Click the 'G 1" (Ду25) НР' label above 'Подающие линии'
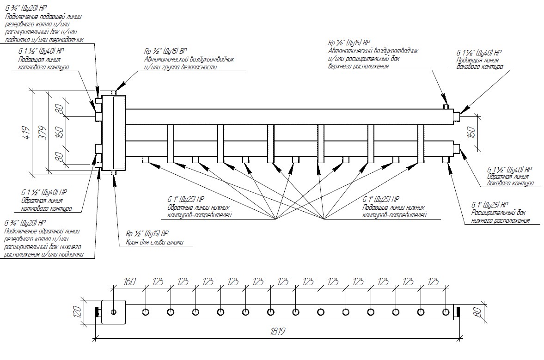pyautogui.click(x=381, y=200)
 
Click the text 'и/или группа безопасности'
pyautogui.click(x=180, y=67)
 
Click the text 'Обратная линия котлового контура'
pyautogui.click(x=46, y=204)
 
